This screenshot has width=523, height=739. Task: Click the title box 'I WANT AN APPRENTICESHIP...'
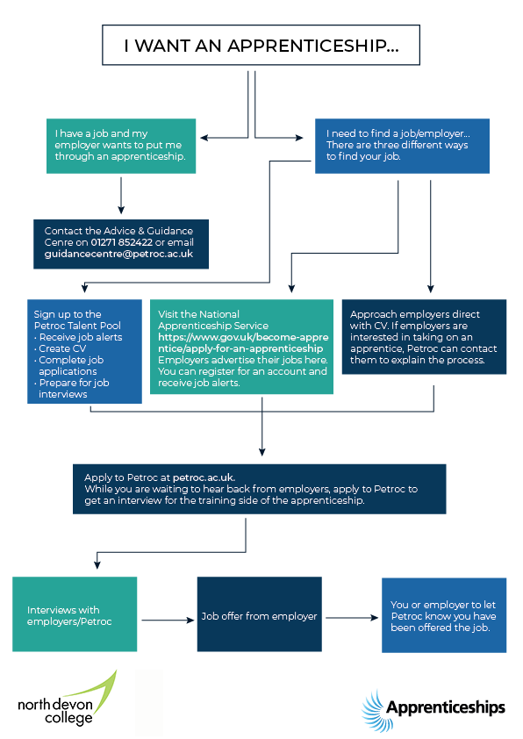pyautogui.click(x=261, y=46)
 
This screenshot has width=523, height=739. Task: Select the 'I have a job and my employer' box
pyautogui.click(x=121, y=146)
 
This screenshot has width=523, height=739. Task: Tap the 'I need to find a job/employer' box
pyautogui.click(x=402, y=146)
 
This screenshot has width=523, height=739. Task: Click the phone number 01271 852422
pyautogui.click(x=122, y=242)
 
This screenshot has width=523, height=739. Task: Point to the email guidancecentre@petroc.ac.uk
pyautogui.click(x=118, y=254)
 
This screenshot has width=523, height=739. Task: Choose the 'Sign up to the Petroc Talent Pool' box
pyautogui.click(x=84, y=352)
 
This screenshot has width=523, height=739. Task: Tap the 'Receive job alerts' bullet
pyautogui.click(x=78, y=337)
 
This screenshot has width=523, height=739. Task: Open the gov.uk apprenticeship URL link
pyautogui.click(x=243, y=343)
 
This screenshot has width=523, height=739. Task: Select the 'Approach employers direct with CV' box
pyautogui.click(x=424, y=337)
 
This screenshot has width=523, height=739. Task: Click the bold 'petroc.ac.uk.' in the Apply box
pyautogui.click(x=204, y=477)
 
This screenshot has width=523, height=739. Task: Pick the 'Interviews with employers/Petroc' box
pyautogui.click(x=75, y=614)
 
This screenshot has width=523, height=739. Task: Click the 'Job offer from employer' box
pyautogui.click(x=259, y=614)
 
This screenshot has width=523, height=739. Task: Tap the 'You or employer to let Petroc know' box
pyautogui.click(x=444, y=615)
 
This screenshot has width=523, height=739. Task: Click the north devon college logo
pyautogui.click(x=67, y=700)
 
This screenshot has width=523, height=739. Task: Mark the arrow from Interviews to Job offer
pyautogui.click(x=168, y=621)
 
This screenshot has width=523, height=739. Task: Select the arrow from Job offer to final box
pyautogui.click(x=352, y=618)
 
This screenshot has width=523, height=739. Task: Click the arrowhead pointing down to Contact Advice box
pyautogui.click(x=121, y=210)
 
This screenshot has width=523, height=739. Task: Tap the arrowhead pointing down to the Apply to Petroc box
pyautogui.click(x=262, y=452)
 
